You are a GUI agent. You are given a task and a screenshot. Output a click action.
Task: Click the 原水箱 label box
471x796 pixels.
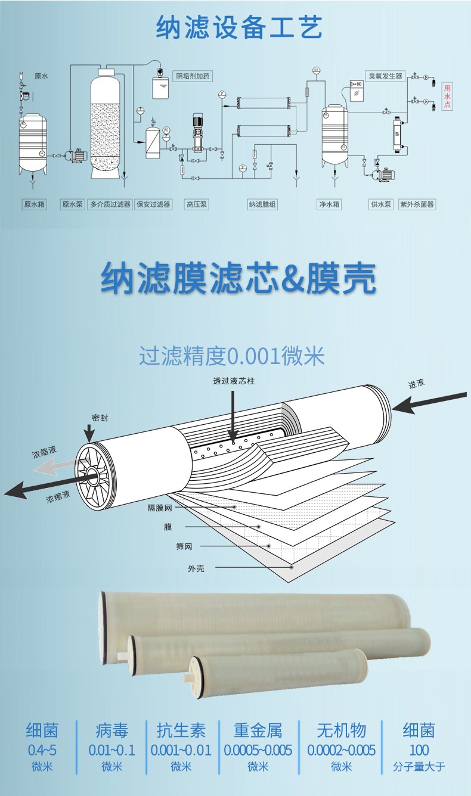tap(34, 204)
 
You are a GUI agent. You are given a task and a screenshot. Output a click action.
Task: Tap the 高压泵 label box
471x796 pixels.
tap(197, 204)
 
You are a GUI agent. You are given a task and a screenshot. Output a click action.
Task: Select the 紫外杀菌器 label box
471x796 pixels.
tap(417, 204)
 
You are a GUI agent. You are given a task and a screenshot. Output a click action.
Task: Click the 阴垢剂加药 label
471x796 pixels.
tap(193, 76)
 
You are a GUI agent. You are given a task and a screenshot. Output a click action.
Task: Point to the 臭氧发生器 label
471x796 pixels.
tap(385, 76)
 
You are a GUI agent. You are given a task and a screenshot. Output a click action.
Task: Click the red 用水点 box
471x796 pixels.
tap(447, 97)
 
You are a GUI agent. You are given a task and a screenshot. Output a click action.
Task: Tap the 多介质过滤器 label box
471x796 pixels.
tap(110, 204)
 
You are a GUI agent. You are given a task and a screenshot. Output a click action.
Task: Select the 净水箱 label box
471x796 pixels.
tap(329, 204)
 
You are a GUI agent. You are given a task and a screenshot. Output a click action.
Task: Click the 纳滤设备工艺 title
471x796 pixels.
tap(239, 27)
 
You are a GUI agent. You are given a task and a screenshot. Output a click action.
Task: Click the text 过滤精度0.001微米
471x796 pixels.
tap(232, 356)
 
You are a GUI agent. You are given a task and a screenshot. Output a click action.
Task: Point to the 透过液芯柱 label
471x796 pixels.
tap(234, 381)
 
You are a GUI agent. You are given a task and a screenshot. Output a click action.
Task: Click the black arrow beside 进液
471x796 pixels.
tap(429, 402)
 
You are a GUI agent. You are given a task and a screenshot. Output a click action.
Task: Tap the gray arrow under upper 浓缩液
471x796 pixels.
tap(54, 468)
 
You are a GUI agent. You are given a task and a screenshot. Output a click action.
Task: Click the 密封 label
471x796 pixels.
tap(100, 418)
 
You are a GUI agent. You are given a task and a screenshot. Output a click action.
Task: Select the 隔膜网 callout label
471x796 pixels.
tap(160, 508)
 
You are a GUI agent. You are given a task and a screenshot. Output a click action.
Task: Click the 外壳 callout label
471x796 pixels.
tap(196, 568)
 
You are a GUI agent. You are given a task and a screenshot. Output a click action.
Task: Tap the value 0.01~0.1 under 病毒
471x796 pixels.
tap(112, 750)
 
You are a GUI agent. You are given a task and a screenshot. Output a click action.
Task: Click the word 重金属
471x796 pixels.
tap(258, 730)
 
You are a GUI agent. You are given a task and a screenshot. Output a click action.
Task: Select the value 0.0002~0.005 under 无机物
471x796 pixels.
tap(341, 750)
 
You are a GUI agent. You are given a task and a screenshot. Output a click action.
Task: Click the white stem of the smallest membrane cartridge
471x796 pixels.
tap(186, 678)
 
